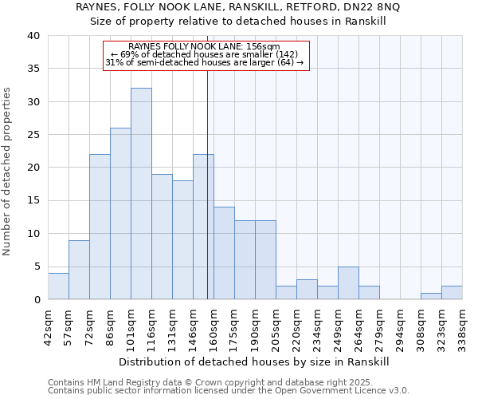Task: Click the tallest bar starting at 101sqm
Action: click(141, 194)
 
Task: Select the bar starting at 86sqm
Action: click(120, 214)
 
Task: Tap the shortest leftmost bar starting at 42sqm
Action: click(58, 286)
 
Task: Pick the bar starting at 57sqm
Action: click(79, 270)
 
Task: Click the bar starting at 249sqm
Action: click(348, 283)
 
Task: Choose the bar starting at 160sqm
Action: click(224, 253)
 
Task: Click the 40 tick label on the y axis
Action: click(33, 36)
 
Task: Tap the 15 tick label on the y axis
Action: click(33, 200)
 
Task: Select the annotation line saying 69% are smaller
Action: click(204, 54)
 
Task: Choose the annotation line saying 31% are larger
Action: click(205, 62)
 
